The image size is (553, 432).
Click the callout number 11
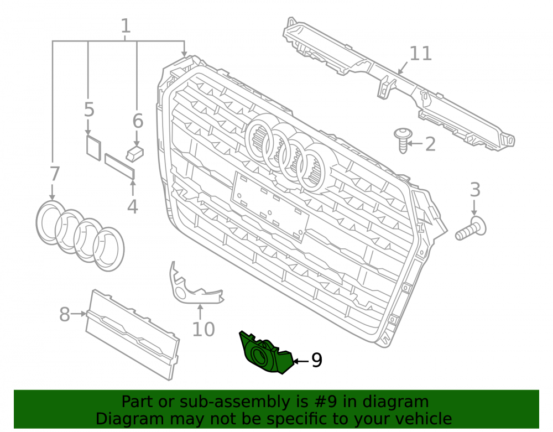(420, 53)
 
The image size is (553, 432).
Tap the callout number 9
(316, 360)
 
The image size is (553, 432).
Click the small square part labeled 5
(93, 147)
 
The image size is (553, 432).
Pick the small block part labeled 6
(135, 153)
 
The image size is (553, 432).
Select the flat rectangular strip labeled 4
(120, 167)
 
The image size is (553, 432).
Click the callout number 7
(54, 174)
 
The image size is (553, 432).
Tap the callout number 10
(204, 329)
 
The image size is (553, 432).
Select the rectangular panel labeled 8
(132, 335)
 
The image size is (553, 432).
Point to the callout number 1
(126, 26)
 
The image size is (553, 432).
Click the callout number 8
(64, 314)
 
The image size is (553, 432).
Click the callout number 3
(475, 190)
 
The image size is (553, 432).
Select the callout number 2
(430, 144)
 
